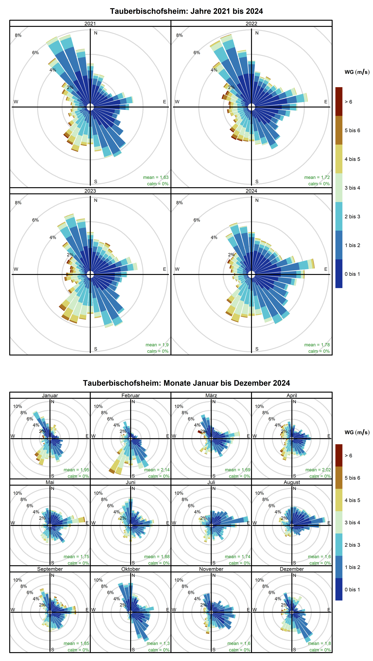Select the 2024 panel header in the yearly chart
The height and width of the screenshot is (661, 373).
[251, 191]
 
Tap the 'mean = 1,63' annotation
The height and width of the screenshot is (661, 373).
[156, 177]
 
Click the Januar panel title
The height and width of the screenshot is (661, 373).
[50, 395]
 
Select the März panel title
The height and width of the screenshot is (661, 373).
[211, 395]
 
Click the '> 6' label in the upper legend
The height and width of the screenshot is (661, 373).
[348, 102]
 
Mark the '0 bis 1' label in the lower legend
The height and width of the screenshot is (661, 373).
[352, 589]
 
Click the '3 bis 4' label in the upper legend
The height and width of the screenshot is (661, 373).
[352, 188]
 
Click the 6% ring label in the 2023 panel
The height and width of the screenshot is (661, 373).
[35, 220]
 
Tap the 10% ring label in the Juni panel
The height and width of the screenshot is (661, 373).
[98, 493]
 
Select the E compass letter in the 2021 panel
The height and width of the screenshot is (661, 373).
[165, 102]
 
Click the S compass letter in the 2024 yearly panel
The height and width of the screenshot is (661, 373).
[257, 349]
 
